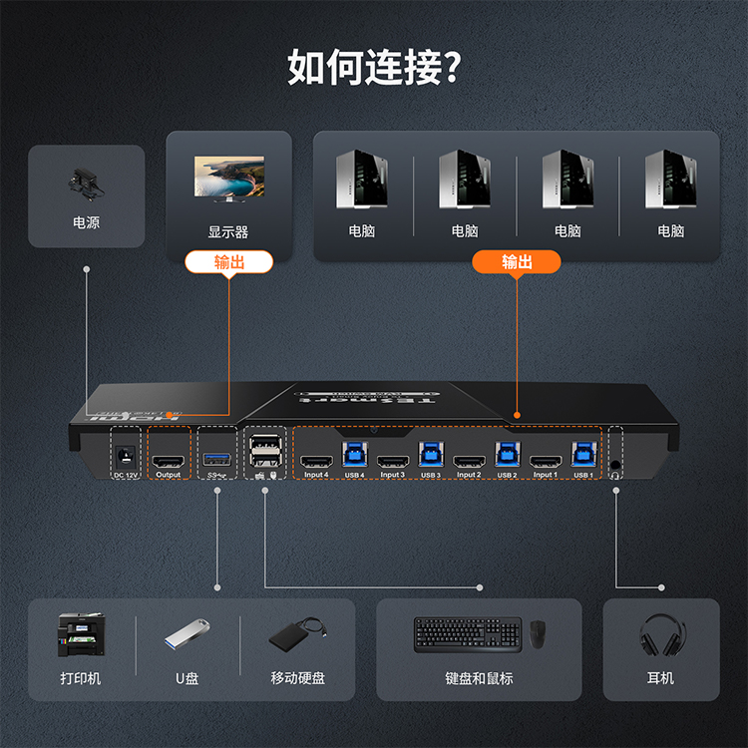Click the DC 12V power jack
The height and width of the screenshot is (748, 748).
125,455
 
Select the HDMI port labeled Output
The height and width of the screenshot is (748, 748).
168,460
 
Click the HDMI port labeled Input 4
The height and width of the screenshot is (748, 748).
316,461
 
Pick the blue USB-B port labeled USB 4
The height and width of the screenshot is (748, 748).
354,455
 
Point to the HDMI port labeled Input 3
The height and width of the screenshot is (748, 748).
393,461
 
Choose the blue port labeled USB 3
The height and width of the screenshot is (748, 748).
431,455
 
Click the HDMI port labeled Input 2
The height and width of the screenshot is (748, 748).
469,461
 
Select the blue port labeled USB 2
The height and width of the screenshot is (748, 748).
507,455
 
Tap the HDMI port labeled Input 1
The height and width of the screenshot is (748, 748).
545,461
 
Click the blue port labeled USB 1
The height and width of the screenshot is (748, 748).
582,455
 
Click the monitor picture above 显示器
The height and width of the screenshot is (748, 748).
228,180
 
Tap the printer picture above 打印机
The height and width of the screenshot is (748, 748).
80,634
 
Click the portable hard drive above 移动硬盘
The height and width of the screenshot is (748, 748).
296,635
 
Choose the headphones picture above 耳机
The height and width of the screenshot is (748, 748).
660,634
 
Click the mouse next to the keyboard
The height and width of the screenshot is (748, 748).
539,634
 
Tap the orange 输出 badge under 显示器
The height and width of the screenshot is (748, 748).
228,261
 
